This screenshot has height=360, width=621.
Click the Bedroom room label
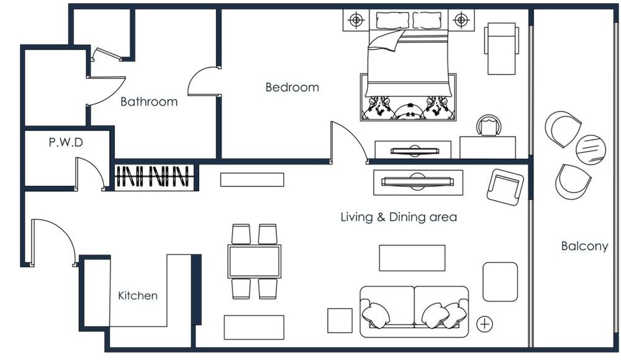tap(292, 88)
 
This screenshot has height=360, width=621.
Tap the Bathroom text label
tap(148, 102)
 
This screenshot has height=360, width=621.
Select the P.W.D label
tap(66, 143)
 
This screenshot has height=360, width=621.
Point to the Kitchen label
tap(138, 296)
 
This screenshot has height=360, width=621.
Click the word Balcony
tap(584, 246)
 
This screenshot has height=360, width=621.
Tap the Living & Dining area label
tap(399, 217)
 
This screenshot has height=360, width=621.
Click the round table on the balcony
tap(590, 150)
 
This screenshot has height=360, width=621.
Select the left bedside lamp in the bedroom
tap(356, 21)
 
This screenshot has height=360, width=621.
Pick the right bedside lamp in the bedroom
tap(460, 21)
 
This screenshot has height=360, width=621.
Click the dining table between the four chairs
tap(254, 261)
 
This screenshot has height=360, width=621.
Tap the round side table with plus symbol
tap(486, 323)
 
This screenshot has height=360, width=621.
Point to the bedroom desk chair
tap(490, 126)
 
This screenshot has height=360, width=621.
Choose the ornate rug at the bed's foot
tap(408, 109)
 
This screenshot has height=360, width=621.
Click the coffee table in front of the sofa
tap(412, 258)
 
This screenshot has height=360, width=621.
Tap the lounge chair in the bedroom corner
tap(501, 48)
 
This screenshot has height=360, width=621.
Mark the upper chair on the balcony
tap(563, 128)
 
